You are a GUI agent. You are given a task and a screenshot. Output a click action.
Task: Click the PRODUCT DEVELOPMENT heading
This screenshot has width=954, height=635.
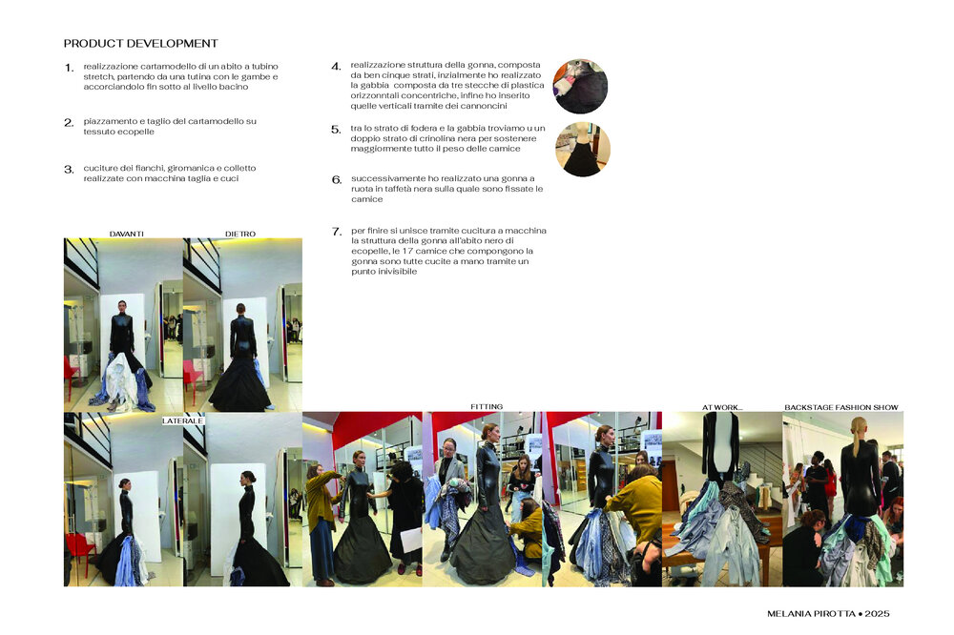(x=140, y=44)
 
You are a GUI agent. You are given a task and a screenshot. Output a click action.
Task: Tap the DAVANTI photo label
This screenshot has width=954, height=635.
(x=127, y=235)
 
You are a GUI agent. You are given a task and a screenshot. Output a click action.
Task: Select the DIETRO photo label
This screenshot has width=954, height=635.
(x=240, y=235)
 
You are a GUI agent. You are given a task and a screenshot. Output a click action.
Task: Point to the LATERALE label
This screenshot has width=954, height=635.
(x=182, y=420)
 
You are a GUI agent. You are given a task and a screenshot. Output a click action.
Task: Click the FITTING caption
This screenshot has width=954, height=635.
(x=487, y=407)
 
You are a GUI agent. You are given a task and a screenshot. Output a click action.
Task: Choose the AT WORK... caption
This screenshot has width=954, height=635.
(x=722, y=407)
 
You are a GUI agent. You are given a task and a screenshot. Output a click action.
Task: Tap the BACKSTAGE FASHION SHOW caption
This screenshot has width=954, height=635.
(x=841, y=407)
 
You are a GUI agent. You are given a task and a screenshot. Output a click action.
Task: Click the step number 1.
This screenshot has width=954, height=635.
(x=70, y=68)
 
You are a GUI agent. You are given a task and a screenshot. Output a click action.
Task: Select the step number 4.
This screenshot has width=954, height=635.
(x=336, y=67)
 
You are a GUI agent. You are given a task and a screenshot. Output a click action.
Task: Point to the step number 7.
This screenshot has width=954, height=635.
(x=337, y=232)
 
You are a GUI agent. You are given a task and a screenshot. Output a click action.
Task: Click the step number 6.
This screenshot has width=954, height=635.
(x=337, y=180)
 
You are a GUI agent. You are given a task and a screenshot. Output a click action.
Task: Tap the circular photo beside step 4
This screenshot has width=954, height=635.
(x=580, y=87)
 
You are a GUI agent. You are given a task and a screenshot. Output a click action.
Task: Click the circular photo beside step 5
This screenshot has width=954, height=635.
(x=583, y=150)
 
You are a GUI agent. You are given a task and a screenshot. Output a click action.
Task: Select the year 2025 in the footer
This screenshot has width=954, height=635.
(x=877, y=614)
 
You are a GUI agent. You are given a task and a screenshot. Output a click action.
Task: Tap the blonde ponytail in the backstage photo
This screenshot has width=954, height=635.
(x=859, y=434)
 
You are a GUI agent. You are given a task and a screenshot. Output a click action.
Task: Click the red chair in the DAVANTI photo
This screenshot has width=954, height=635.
(x=71, y=373)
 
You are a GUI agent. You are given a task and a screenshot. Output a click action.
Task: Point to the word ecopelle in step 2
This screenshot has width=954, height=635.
(x=136, y=132)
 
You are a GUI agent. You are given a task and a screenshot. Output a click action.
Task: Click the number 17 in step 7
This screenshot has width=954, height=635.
(x=407, y=251)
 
